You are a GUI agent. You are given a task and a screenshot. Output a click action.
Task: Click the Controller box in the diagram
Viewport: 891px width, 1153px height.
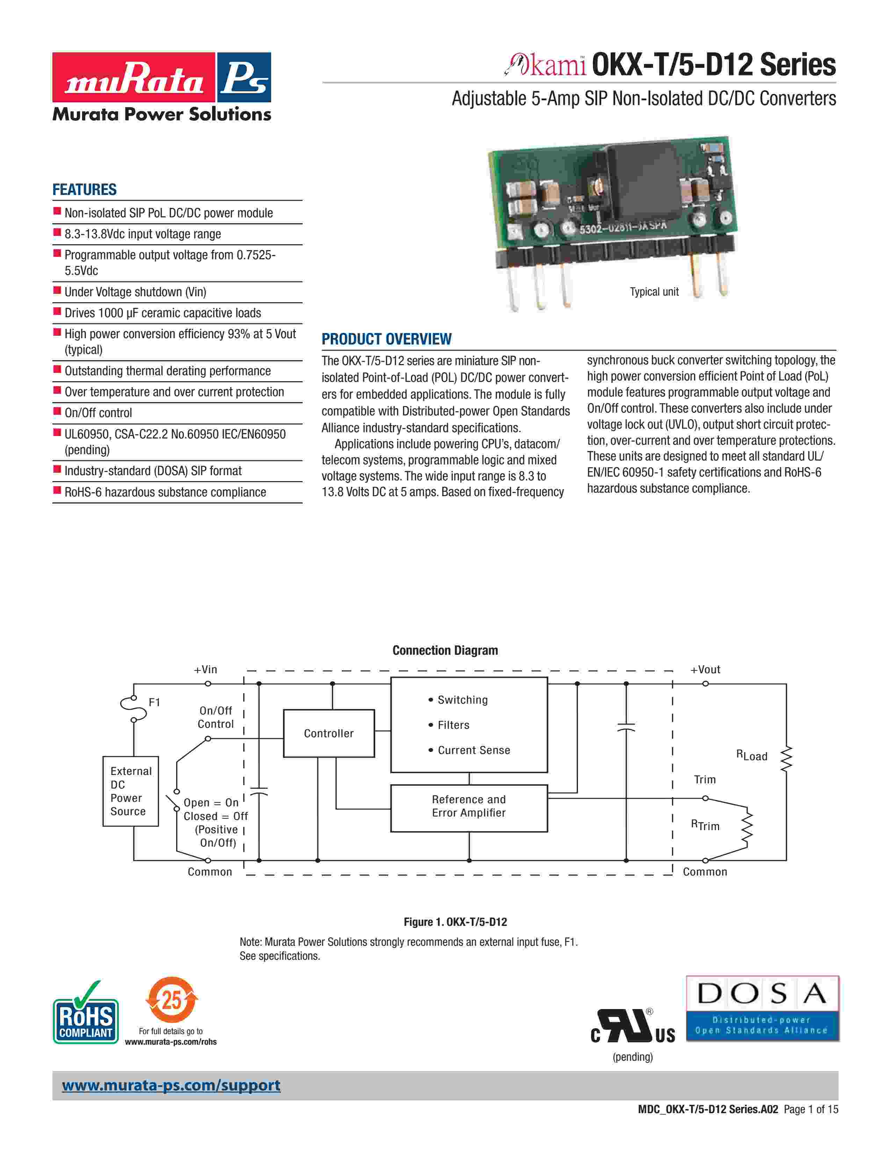[328, 733]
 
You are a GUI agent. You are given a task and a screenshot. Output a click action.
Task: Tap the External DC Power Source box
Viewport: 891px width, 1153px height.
[130, 791]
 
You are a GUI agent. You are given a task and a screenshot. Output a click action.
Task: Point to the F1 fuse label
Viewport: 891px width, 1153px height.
[154, 702]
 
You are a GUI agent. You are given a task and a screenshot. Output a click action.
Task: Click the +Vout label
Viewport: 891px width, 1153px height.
[705, 669]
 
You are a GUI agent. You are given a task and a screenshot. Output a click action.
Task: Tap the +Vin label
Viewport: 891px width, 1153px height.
[205, 669]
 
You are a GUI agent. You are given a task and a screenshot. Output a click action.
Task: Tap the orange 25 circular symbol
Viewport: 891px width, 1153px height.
[172, 999]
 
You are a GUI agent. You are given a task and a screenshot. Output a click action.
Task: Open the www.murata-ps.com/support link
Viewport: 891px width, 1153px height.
[171, 1086]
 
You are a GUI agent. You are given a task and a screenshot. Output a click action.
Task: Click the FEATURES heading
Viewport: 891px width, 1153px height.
[85, 189]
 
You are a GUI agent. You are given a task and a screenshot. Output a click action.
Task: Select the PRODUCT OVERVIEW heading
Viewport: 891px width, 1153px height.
[386, 339]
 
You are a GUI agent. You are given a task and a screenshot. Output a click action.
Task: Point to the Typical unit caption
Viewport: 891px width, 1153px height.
[654, 292]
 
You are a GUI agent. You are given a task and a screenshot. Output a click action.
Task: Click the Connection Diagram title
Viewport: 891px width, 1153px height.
[445, 651]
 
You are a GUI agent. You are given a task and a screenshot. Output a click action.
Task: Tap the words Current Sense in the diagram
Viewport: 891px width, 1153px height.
[473, 750]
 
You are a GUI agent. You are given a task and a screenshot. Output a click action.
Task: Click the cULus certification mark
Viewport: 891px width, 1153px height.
[633, 1027]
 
